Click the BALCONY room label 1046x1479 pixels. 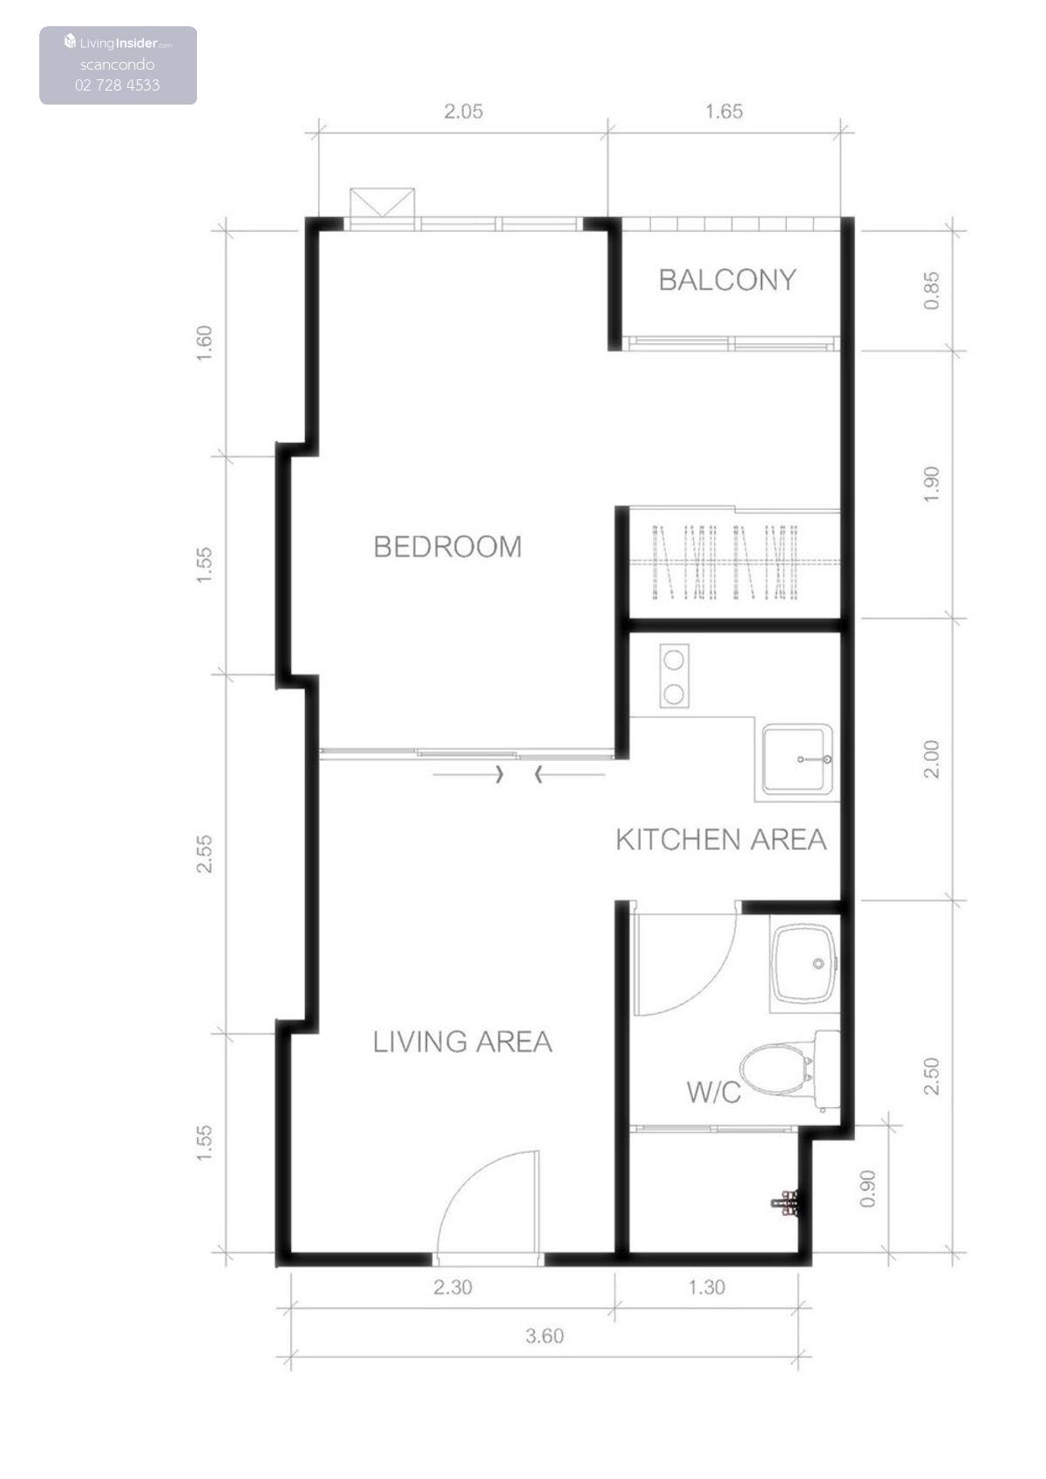pos(727,280)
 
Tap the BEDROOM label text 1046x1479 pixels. pos(448,546)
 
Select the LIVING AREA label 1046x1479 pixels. pos(462,1041)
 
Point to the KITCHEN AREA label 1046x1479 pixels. pos(721,840)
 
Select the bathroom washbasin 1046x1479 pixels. pos(805,963)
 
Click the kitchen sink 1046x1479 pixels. pos(797,759)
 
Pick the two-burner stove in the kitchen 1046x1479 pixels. pos(674,676)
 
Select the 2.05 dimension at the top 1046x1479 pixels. pos(463,111)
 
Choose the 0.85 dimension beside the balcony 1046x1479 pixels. pos(931,291)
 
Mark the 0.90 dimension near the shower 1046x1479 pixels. pos(868,1189)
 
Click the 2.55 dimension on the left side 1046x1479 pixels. pos(205,854)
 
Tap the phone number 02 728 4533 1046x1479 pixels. pos(118,85)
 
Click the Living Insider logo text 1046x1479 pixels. pos(119,43)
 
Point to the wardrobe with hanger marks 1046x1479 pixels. pos(734,562)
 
